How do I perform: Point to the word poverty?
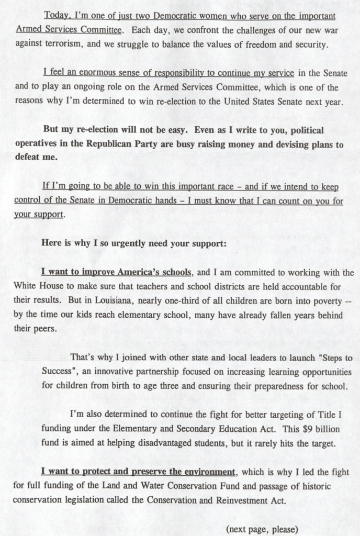click(x=318, y=301)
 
